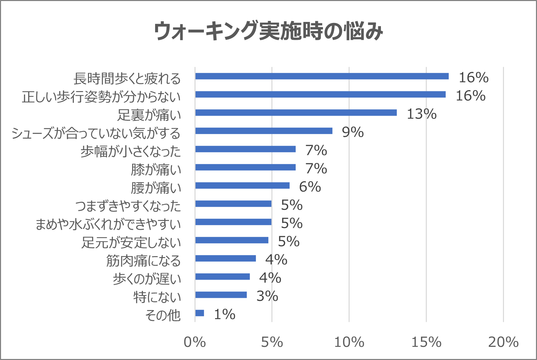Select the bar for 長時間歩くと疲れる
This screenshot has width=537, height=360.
[322, 76]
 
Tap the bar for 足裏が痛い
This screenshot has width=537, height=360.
[296, 113]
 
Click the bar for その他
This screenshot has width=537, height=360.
[200, 313]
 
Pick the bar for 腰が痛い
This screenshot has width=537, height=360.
[242, 186]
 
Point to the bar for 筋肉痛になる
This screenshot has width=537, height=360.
[225, 258]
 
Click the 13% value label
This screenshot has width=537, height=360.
[421, 114]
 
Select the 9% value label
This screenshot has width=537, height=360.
[353, 132]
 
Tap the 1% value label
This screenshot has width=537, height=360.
[225, 314]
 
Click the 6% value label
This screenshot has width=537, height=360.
[310, 187]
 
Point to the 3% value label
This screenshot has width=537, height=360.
[267, 296]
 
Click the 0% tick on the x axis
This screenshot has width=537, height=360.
[195, 342]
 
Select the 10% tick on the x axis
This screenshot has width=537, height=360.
[349, 342]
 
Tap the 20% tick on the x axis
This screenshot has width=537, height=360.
[503, 342]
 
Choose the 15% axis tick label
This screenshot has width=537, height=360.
[426, 342]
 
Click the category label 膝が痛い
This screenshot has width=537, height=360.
[156, 169]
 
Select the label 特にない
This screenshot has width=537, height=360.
[157, 297]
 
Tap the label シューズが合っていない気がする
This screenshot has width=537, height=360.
[96, 133]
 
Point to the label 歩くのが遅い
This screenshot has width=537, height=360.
[147, 279]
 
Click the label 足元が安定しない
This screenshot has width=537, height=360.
[131, 242]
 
